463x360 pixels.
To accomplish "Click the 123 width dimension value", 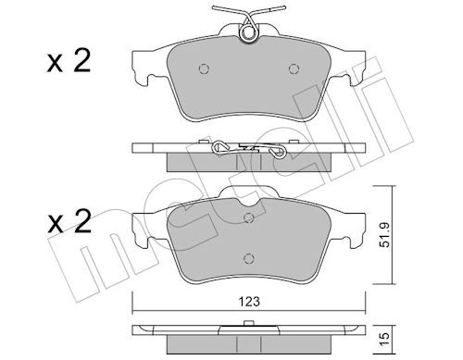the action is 249,302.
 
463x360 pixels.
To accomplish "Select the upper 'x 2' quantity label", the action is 69,61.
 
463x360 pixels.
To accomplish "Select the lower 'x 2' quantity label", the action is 69,221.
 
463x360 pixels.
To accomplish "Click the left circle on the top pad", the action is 204,68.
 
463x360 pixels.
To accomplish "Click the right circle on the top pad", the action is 294,68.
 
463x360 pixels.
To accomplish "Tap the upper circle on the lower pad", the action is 249,218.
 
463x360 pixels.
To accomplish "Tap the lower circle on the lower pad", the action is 249,258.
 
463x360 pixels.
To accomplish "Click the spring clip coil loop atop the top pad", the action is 248,32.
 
